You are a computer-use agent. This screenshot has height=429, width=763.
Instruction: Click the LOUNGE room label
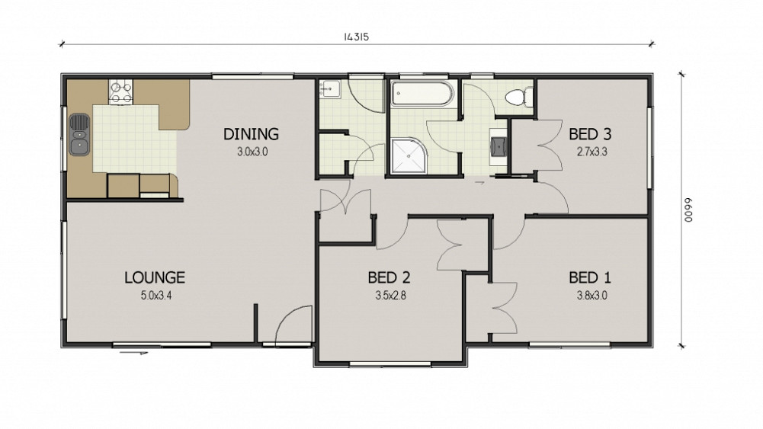click(155, 277)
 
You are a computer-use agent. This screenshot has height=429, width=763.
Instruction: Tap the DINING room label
click(251, 134)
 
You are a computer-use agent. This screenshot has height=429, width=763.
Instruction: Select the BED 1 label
click(590, 277)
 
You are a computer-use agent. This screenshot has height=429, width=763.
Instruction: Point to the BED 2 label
click(389, 277)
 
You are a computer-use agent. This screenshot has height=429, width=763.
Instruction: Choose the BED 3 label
click(590, 134)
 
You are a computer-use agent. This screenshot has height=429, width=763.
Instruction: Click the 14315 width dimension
click(356, 37)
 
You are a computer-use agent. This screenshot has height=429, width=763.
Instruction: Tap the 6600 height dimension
click(688, 210)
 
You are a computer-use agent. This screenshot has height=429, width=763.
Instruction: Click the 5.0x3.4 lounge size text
click(156, 295)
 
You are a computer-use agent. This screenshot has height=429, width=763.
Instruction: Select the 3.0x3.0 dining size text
click(252, 152)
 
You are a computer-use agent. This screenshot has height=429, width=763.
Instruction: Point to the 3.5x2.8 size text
click(390, 295)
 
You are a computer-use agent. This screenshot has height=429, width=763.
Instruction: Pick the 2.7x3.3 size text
click(591, 152)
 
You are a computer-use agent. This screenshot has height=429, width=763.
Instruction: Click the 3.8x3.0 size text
click(591, 295)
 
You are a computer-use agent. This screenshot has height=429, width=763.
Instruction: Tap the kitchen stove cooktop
click(120, 92)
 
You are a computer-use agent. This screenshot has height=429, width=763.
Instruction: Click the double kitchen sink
click(79, 135)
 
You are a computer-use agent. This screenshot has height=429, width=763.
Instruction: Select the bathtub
click(423, 94)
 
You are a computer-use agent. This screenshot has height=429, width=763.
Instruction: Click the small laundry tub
click(330, 89)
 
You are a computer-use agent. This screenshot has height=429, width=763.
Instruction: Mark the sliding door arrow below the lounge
click(133, 352)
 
